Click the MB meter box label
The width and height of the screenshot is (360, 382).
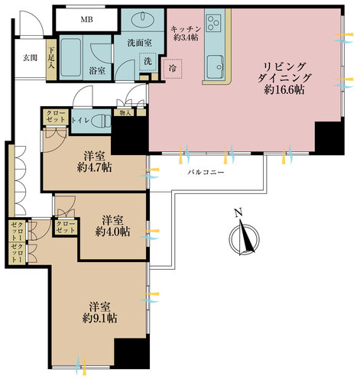coord(86,19)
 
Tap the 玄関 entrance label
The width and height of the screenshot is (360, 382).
coord(30,58)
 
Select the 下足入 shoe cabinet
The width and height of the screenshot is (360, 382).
coord(51,60)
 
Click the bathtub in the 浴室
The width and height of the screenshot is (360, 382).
coord(70,57)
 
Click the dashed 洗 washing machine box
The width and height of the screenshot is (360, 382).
coord(148,61)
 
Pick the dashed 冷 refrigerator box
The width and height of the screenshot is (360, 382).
coord(173,69)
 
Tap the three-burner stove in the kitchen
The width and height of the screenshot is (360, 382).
coord(213,23)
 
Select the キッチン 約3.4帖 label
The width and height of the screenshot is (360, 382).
coord(186,34)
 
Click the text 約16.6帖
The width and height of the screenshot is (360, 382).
coord(284,90)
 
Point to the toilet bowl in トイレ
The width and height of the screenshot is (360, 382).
coord(101,121)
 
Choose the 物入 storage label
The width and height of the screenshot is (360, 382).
coord(125,113)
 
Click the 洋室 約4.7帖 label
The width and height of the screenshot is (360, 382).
coord(94,162)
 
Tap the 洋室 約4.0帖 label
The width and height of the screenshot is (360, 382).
coord(113,226)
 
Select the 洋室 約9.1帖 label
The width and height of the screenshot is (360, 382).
coord(100,312)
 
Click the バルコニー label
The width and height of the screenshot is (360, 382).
coord(206,173)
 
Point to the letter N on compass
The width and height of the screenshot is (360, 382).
coord(238,212)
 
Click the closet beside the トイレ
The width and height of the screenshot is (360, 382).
coord(55,117)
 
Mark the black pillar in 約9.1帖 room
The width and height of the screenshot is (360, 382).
coord(131,353)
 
